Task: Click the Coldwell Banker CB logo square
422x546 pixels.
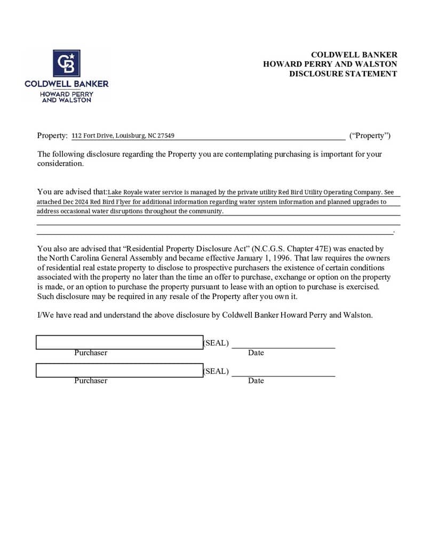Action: [67, 63]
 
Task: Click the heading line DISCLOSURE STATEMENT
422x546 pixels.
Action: [343, 74]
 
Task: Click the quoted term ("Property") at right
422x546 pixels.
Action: [370, 135]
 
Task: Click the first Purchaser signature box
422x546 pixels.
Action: [119, 342]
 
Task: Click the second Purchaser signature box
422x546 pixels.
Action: [119, 370]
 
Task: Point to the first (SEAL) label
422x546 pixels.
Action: [216, 343]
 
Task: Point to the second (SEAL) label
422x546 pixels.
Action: [216, 371]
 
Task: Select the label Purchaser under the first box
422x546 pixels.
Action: [91, 353]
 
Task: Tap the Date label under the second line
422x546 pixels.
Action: [256, 381]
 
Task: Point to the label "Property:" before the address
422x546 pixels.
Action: [52, 135]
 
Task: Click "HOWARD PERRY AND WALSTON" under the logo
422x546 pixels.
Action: [67, 97]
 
